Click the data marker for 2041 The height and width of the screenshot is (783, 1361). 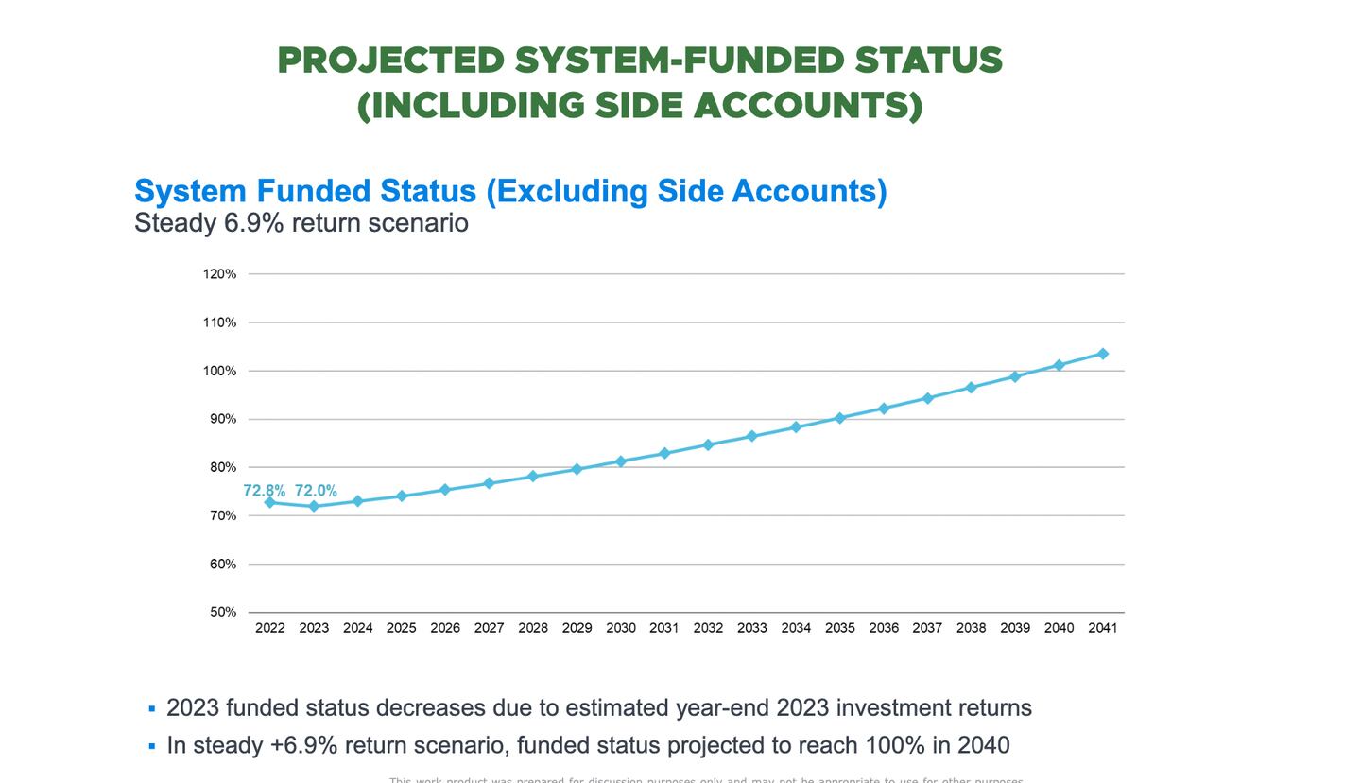pyautogui.click(x=1102, y=354)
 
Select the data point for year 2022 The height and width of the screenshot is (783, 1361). pyautogui.click(x=270, y=502)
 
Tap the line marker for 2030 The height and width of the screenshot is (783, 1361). pyautogui.click(x=621, y=461)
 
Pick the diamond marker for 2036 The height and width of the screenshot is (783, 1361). pyautogui.click(x=884, y=409)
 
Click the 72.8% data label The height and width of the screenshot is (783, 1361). pyautogui.click(x=264, y=491)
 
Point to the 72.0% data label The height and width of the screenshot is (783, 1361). pyautogui.click(x=316, y=491)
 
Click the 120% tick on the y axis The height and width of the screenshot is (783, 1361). pyautogui.click(x=219, y=274)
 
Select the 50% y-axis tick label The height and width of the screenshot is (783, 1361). pyautogui.click(x=222, y=612)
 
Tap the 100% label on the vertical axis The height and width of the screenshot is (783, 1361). pyautogui.click(x=219, y=371)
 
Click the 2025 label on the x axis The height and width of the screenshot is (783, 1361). pyautogui.click(x=402, y=628)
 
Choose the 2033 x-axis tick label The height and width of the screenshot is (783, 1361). pyautogui.click(x=752, y=628)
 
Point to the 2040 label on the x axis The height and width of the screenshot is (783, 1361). pyautogui.click(x=1059, y=628)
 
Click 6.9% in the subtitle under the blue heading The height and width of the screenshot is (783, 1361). pyautogui.click(x=254, y=223)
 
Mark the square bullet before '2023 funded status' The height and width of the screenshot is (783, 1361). pyautogui.click(x=152, y=709)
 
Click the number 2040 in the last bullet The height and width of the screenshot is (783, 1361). pyautogui.click(x=983, y=745)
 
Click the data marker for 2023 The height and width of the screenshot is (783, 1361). pyautogui.click(x=314, y=506)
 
